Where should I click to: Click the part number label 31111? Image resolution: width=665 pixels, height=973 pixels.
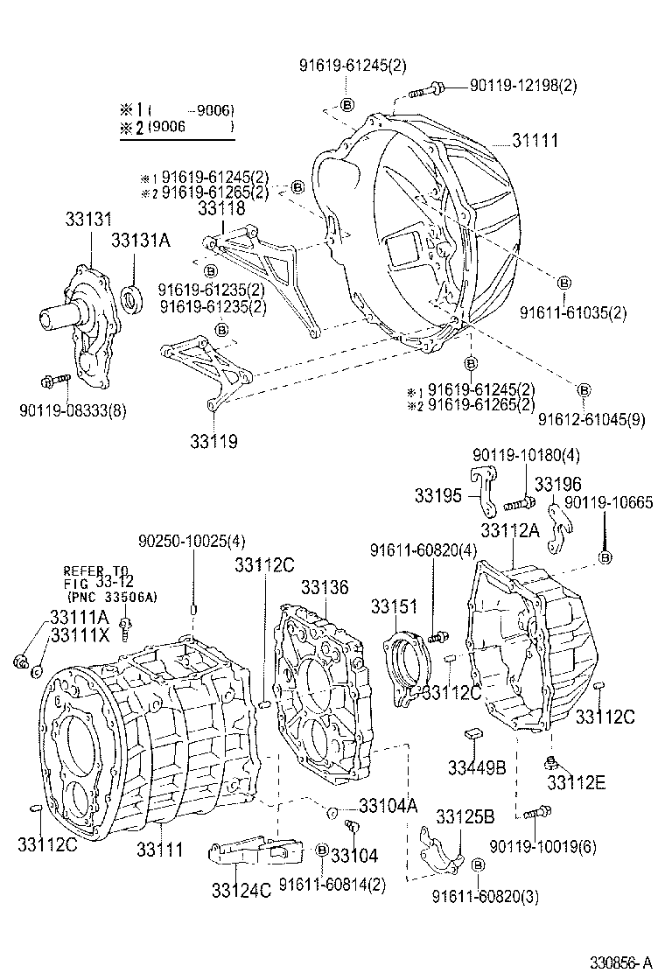(x=535, y=141)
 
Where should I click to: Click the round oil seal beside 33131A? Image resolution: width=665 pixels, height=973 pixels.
(x=133, y=299)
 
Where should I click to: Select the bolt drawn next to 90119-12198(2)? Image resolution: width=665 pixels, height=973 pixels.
(x=429, y=87)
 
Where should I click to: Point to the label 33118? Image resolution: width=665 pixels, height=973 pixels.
(x=221, y=209)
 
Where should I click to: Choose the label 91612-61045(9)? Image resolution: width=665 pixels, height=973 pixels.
(x=591, y=419)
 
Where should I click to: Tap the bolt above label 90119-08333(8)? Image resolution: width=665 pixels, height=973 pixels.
(x=55, y=381)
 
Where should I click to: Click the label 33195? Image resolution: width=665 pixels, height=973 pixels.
(x=437, y=496)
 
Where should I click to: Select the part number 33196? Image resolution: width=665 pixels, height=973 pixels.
(x=557, y=484)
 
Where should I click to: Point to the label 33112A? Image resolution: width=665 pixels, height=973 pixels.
(x=511, y=529)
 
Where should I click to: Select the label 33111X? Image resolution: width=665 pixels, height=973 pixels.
(x=80, y=635)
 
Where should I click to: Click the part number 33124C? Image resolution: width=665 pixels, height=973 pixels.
(x=241, y=890)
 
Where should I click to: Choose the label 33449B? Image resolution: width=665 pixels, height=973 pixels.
(x=477, y=767)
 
